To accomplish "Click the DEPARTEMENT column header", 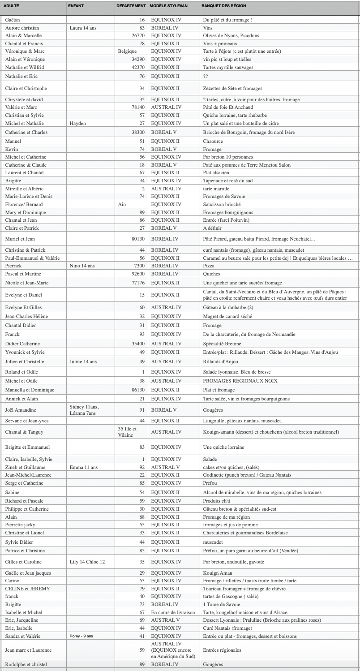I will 131,6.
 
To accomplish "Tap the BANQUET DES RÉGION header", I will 224,6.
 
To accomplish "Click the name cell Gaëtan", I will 13,20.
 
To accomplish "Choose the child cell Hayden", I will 77,123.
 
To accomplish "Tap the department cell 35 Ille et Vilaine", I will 127,432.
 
